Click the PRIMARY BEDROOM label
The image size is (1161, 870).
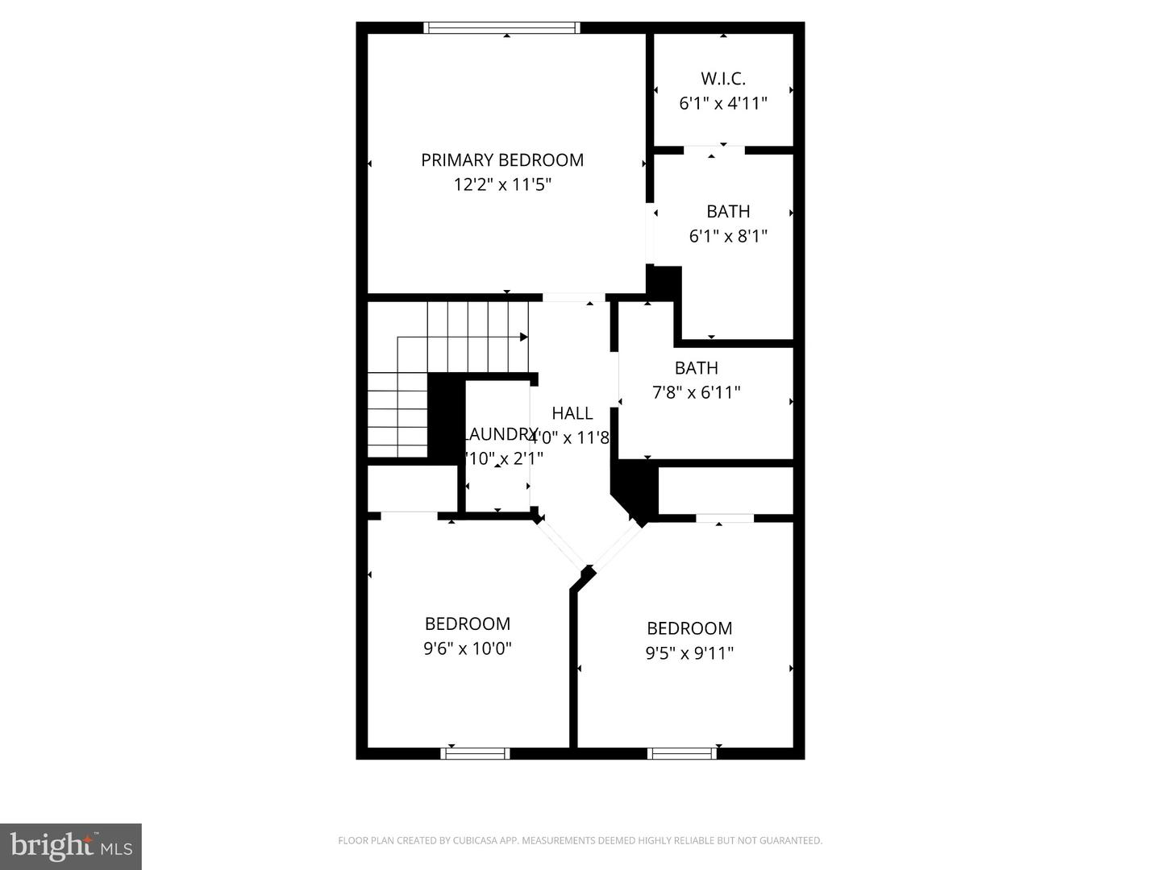pyautogui.click(x=501, y=160)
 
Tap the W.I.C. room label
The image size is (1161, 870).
pyautogui.click(x=722, y=79)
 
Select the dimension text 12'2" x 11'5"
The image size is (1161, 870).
pyautogui.click(x=501, y=185)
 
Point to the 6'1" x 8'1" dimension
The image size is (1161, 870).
pyautogui.click(x=727, y=237)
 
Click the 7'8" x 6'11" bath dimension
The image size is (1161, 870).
pyautogui.click(x=696, y=393)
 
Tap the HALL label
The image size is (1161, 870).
pyautogui.click(x=572, y=413)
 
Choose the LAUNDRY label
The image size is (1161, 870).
pyautogui.click(x=500, y=434)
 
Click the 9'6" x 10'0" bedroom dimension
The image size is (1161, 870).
pyautogui.click(x=468, y=648)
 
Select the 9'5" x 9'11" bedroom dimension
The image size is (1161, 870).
pyautogui.click(x=689, y=653)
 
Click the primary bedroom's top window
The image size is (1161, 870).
pyautogui.click(x=501, y=28)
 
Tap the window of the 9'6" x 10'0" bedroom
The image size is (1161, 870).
pyautogui.click(x=475, y=754)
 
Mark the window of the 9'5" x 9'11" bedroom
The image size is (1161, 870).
pyautogui.click(x=682, y=754)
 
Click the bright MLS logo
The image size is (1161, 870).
pyautogui.click(x=71, y=846)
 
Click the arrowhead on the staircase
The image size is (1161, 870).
pyautogui.click(x=524, y=337)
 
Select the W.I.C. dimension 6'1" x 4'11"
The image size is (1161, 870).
pyautogui.click(x=722, y=104)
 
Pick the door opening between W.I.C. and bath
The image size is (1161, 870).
pyautogui.click(x=714, y=150)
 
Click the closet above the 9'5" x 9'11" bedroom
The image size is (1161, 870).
pyautogui.click(x=726, y=490)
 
